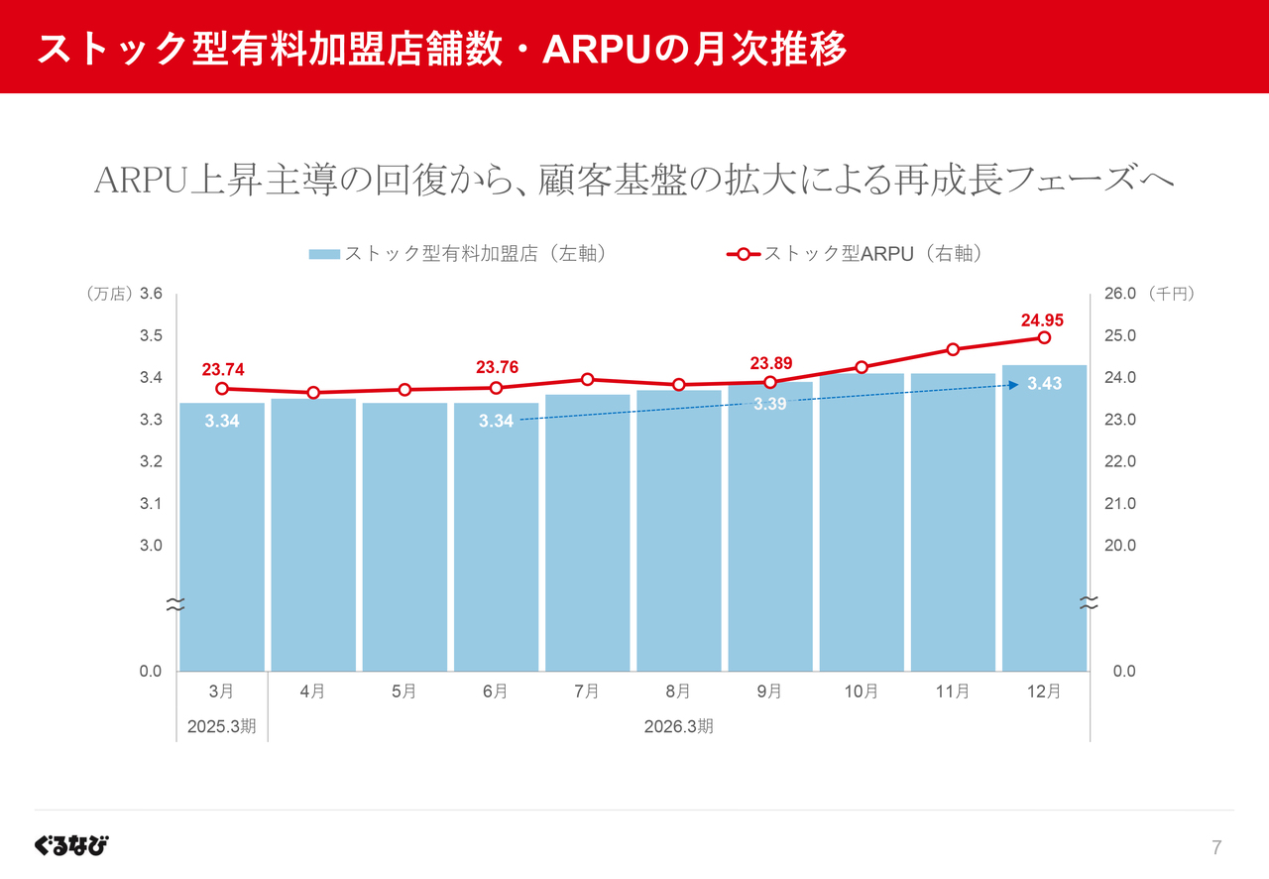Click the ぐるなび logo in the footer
coord(71,845)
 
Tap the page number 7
coord(1216,847)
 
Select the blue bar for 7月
coord(587,536)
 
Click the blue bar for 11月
coord(953,526)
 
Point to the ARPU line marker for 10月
coord(862,367)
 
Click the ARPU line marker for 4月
coord(313,393)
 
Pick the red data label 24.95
coord(1042,319)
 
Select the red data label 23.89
coord(770,363)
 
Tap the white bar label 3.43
coord(1045,384)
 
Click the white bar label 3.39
coord(770,405)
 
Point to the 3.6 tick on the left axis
coord(151,294)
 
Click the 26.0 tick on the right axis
coord(1119,294)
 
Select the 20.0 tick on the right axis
coord(1119,546)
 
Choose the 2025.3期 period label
coord(222,726)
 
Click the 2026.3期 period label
coord(678,726)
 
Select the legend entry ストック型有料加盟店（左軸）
coord(458,254)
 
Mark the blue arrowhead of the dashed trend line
coord(1013,385)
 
